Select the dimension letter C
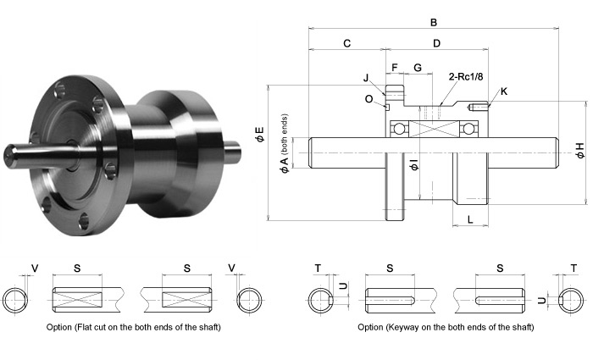click(347, 43)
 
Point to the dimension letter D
click(436, 43)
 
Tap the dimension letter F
click(394, 67)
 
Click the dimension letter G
click(417, 67)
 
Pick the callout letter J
click(366, 78)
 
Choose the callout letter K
click(504, 91)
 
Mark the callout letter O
click(369, 98)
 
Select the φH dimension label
click(579, 151)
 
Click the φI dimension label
click(413, 163)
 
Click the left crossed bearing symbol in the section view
click(399, 130)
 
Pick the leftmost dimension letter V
click(35, 269)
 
